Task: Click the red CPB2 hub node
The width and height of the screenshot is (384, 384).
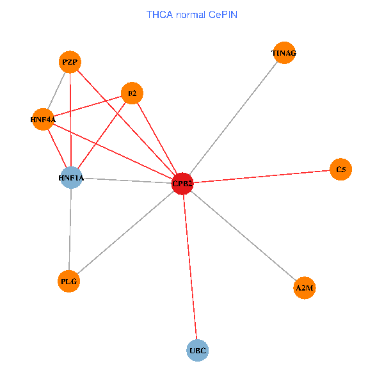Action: [x=183, y=184]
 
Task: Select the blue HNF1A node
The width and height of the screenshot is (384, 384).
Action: [x=72, y=177]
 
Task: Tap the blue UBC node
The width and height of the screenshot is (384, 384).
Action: [x=198, y=350]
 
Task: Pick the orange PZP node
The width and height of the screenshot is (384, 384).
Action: [x=70, y=62]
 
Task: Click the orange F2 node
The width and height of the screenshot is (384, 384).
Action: [x=132, y=93]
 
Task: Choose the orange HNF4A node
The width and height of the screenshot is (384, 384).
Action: [x=43, y=119]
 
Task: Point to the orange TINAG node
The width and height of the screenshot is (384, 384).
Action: [x=284, y=53]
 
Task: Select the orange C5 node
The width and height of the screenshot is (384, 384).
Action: [x=341, y=170]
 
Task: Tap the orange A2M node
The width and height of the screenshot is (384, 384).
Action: [x=305, y=288]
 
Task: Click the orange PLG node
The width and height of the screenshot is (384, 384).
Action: [x=69, y=281]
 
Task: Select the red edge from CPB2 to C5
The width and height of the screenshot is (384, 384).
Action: [x=262, y=177]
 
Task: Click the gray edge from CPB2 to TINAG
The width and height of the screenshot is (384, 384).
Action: [x=234, y=118]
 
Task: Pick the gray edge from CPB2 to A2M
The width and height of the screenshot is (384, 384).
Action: [x=244, y=236]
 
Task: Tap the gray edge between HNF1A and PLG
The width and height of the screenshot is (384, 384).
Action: [x=70, y=229]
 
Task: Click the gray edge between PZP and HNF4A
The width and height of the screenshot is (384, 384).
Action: [x=56, y=91]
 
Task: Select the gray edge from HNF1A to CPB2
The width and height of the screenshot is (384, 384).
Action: [x=127, y=180]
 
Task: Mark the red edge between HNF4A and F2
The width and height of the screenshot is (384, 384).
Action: [x=88, y=106]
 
